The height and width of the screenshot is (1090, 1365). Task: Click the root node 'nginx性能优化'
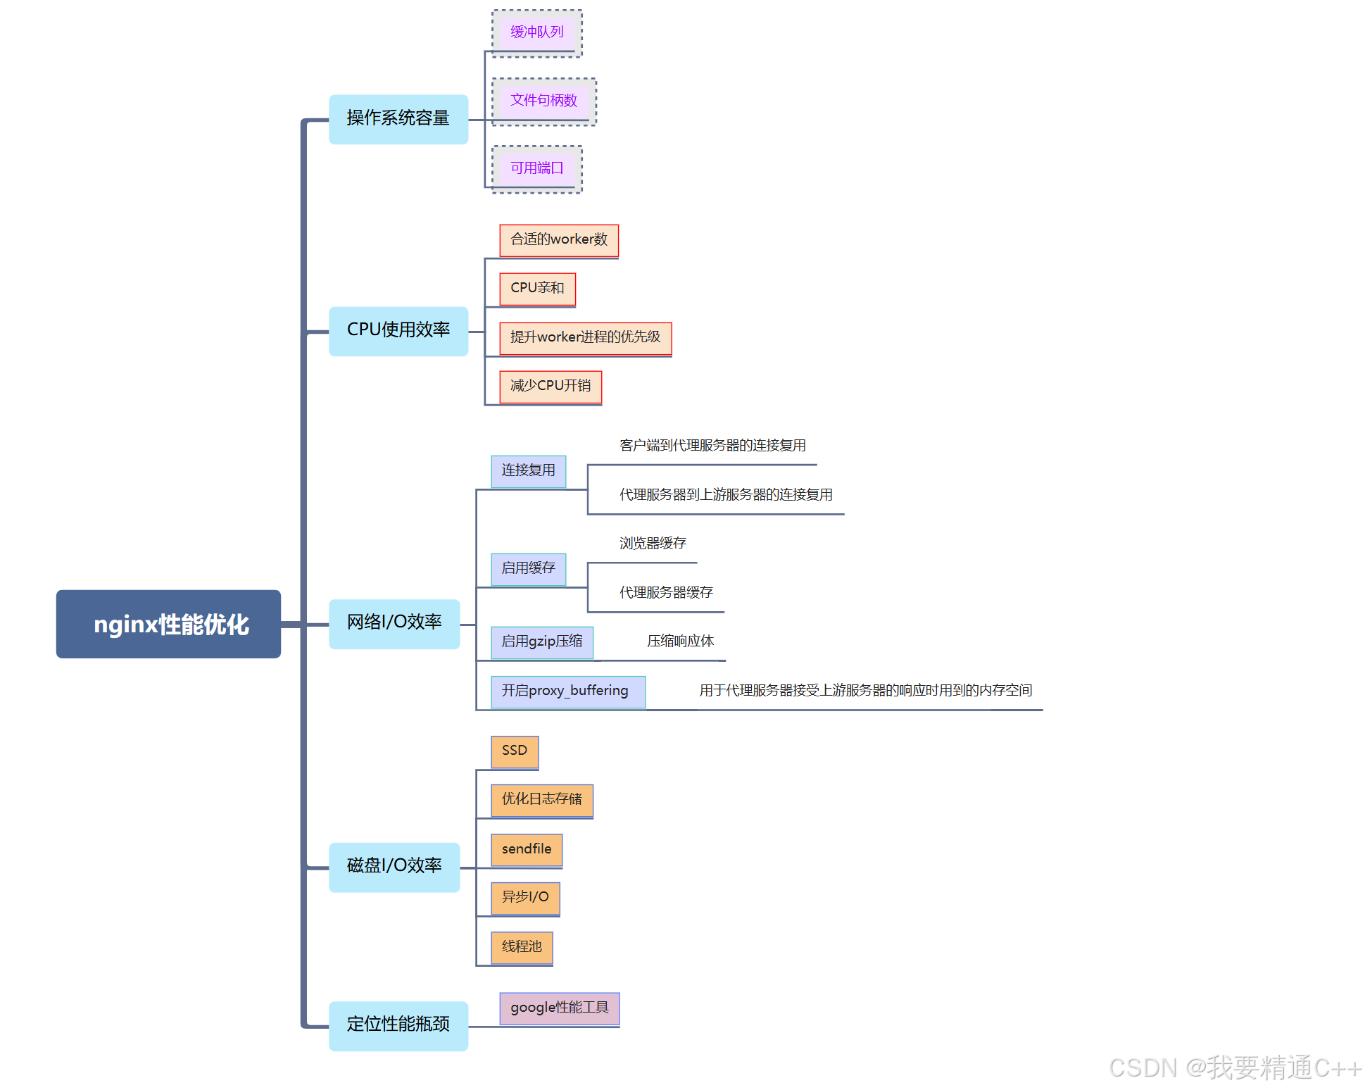pyautogui.click(x=168, y=624)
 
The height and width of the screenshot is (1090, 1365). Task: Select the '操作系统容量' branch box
pyautogui.click(x=398, y=119)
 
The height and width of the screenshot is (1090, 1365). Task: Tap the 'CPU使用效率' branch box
pyautogui.click(x=398, y=331)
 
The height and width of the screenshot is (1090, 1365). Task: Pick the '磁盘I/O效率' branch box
pyautogui.click(x=394, y=867)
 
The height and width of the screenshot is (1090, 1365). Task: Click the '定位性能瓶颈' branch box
pyautogui.click(x=398, y=1025)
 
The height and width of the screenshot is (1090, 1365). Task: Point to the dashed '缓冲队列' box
pyautogui.click(x=536, y=32)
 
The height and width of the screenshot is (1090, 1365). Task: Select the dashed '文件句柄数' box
pyautogui.click(x=543, y=101)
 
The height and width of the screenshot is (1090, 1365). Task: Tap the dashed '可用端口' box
pyautogui.click(x=536, y=168)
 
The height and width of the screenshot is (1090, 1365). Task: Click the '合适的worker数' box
pyautogui.click(x=559, y=240)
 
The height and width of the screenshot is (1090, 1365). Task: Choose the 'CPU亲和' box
pyautogui.click(x=537, y=289)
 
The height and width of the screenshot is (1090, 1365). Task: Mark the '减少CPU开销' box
pyautogui.click(x=551, y=387)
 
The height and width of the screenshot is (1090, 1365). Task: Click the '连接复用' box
pyautogui.click(x=528, y=470)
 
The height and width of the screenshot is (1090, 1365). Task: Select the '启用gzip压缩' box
pyautogui.click(x=541, y=642)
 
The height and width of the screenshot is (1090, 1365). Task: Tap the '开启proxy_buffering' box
pyautogui.click(x=567, y=691)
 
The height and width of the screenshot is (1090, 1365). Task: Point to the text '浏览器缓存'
pyautogui.click(x=653, y=544)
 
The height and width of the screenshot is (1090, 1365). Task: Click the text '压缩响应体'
pyautogui.click(x=680, y=641)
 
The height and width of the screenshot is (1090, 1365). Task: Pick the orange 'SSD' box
pyautogui.click(x=515, y=751)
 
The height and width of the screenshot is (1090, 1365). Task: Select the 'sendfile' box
pyautogui.click(x=527, y=849)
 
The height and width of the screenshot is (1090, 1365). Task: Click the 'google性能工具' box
pyautogui.click(x=559, y=1008)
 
